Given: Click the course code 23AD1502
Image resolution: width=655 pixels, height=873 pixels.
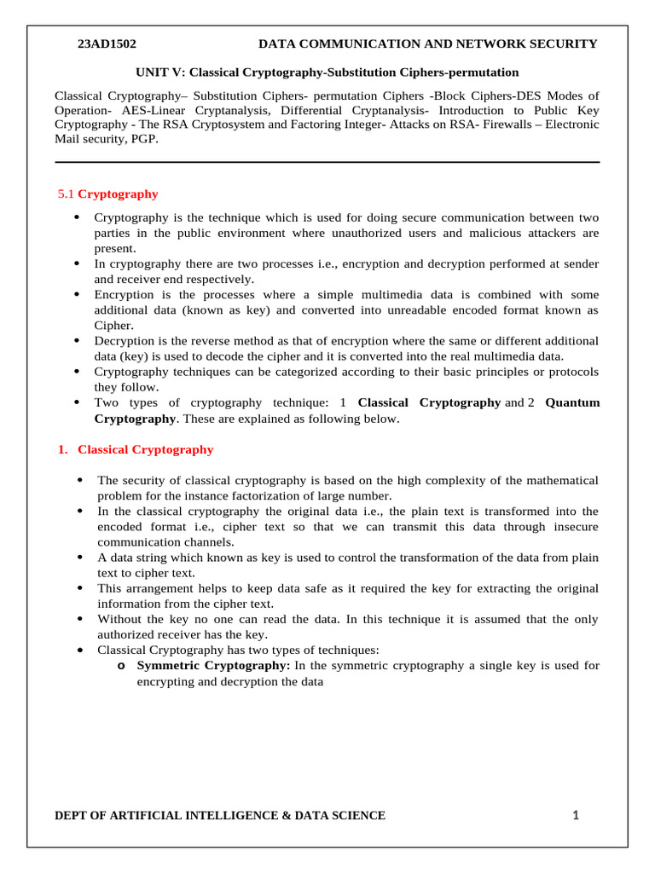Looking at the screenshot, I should tap(107, 44).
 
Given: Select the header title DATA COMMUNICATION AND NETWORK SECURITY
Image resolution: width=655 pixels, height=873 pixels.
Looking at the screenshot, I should tap(428, 44).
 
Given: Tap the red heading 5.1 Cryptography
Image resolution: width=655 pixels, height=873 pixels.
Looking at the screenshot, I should tap(107, 194).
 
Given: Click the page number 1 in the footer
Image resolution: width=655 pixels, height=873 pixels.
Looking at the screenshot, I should tap(576, 816).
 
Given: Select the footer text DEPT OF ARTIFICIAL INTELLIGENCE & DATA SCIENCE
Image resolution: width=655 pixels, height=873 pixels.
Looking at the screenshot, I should tap(220, 816).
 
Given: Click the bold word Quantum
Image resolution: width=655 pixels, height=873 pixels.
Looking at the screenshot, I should tap(572, 402).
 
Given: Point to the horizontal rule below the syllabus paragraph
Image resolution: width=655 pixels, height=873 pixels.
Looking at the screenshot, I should tap(327, 162).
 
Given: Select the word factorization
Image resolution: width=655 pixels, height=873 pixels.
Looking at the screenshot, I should tap(296, 496).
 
